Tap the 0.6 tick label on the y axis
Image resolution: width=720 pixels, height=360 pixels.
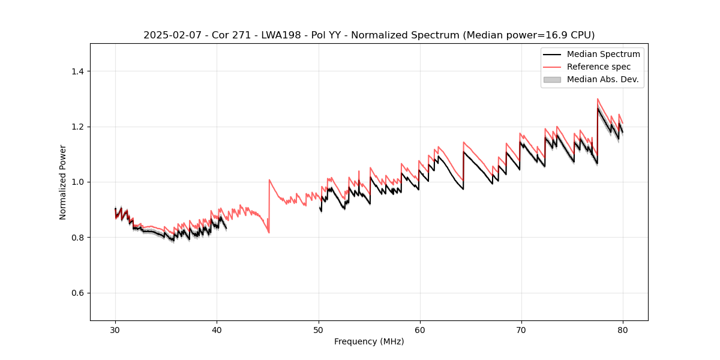point(77,293)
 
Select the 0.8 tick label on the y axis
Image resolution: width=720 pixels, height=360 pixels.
point(77,238)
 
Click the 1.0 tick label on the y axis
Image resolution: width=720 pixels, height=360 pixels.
point(77,182)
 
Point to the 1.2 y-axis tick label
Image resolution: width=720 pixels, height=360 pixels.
point(77,127)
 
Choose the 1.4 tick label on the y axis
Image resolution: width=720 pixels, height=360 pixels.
point(77,71)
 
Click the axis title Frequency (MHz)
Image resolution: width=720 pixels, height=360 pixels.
point(369,341)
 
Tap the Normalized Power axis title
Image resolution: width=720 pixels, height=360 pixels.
point(63,182)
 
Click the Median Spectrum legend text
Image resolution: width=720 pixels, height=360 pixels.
point(603,54)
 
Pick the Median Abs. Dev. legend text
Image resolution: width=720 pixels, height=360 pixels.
point(603,79)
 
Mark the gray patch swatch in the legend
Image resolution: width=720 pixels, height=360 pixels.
point(551,79)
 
